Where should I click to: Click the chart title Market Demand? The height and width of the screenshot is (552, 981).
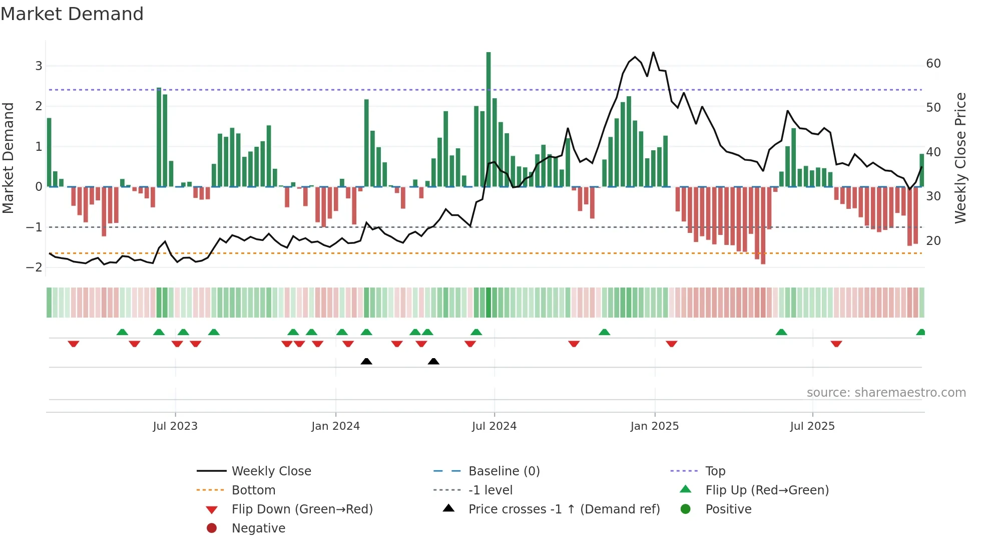pos(72,14)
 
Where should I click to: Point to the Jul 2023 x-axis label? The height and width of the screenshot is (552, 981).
pos(175,426)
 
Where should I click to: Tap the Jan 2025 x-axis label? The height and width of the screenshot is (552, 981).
pos(654,426)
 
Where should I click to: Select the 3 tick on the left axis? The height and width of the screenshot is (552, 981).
pos(39,66)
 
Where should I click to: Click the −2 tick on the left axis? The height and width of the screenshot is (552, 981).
pos(34,267)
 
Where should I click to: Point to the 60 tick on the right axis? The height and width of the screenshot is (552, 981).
pos(933,64)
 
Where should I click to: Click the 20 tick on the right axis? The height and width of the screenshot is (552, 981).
pos(933,241)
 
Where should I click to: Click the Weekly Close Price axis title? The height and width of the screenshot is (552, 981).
pos(960,158)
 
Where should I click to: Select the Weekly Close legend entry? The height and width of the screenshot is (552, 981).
pos(271,471)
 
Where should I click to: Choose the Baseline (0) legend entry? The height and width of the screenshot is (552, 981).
pos(504,471)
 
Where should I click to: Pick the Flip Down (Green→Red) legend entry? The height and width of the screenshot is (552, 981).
pos(302,509)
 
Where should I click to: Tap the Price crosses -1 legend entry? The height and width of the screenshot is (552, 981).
pos(564,509)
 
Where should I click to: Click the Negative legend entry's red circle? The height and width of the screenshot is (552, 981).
pos(212,528)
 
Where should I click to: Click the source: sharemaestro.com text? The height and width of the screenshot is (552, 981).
pos(886,393)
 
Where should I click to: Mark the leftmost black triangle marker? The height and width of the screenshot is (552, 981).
pos(366,361)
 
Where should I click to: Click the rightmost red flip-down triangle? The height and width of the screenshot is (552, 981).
pos(836,344)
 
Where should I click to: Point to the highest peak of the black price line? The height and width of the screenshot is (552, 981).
pos(653,53)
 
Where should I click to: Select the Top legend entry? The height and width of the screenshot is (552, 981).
pos(715,471)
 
